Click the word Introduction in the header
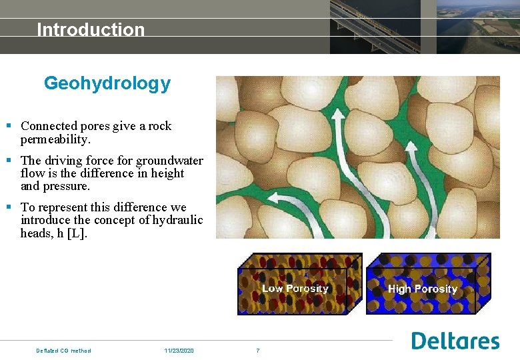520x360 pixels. (91, 30)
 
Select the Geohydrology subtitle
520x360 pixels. (107, 84)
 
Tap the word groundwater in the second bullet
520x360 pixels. (169, 161)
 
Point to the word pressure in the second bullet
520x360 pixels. (67, 186)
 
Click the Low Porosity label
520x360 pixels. (295, 289)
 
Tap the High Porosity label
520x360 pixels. (422, 289)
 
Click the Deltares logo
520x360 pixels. (455, 341)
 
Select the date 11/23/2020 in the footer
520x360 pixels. (179, 351)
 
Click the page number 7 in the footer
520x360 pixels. (258, 351)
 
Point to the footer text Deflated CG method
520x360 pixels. (63, 351)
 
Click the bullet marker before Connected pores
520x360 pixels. (9, 126)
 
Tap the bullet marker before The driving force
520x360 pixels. (9, 161)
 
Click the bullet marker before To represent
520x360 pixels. (9, 207)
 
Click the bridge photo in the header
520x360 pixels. (375, 27)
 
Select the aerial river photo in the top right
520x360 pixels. (478, 27)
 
